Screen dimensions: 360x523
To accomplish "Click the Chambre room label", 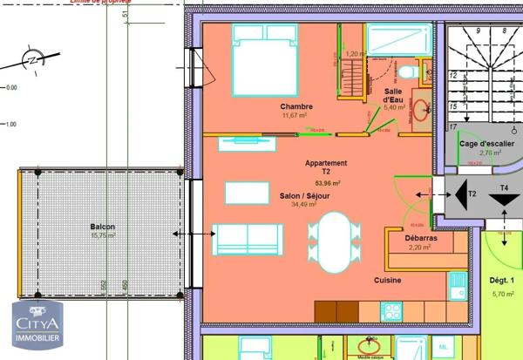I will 296,106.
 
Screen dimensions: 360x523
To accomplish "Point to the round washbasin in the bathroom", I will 420,110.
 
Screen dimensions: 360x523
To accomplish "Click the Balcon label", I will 102,228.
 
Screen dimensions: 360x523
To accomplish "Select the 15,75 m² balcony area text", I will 102,235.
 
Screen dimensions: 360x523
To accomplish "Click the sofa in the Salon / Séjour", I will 248,238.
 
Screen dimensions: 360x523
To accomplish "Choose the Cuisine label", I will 387,281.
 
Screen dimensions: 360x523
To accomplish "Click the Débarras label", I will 421,238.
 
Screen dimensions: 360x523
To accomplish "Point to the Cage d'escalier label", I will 486,144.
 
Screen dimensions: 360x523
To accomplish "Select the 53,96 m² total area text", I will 327,184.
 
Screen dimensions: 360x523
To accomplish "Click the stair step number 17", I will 453,105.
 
